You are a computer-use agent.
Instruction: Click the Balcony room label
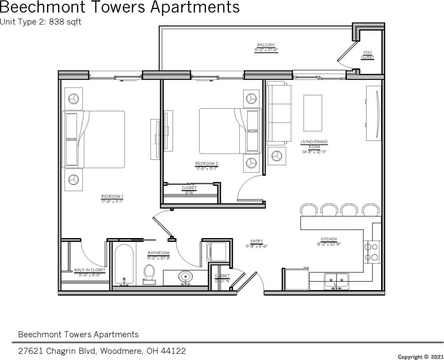266,45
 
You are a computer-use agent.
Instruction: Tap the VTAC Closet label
368,55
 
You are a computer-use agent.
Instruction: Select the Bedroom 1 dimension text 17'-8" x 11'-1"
112,201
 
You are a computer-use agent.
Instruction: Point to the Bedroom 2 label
206,164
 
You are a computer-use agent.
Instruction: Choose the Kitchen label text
329,239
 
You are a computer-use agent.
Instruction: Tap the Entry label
257,241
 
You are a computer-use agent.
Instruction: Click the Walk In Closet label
89,270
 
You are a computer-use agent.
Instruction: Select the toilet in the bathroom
149,274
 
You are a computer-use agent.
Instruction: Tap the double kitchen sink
336,281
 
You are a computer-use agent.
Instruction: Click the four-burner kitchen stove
372,252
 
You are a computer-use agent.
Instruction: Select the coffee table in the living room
313,112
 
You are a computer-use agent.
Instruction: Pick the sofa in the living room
279,112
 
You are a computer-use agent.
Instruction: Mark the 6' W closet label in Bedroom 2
189,190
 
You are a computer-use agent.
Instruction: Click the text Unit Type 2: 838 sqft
40,22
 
